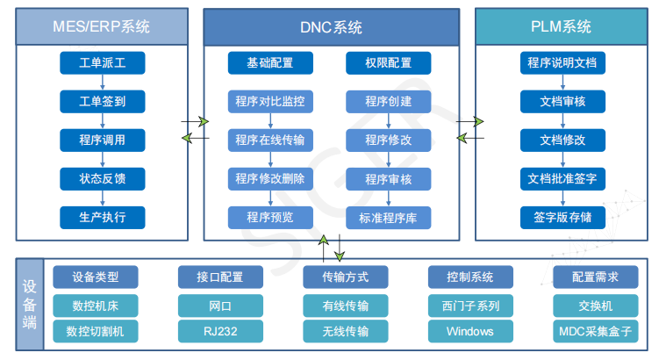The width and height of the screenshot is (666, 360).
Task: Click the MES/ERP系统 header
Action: pyautogui.click(x=103, y=26)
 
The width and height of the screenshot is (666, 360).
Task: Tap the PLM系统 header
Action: pyautogui.click(x=562, y=26)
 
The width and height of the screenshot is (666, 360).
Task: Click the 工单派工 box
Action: pyautogui.click(x=103, y=63)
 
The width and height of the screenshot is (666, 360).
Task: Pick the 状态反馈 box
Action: pyautogui.click(x=103, y=179)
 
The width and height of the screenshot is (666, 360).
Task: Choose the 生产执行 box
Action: pyautogui.click(x=103, y=218)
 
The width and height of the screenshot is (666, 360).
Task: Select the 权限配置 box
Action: pyautogui.click(x=388, y=63)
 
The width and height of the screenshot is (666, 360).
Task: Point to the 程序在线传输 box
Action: pyautogui.click(x=270, y=140)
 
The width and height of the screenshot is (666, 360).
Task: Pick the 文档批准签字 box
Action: pyautogui.click(x=562, y=179)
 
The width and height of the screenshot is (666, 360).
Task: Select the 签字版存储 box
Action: pyautogui.click(x=562, y=218)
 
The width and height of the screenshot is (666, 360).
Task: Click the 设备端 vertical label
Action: pyautogui.click(x=30, y=305)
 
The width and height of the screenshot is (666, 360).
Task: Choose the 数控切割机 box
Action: pyautogui.click(x=96, y=331)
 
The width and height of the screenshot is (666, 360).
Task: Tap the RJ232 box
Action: pyautogui.click(x=219, y=331)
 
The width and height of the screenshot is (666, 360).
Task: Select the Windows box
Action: pyautogui.click(x=469, y=331)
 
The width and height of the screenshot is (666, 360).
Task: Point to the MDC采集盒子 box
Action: pyautogui.click(x=595, y=331)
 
